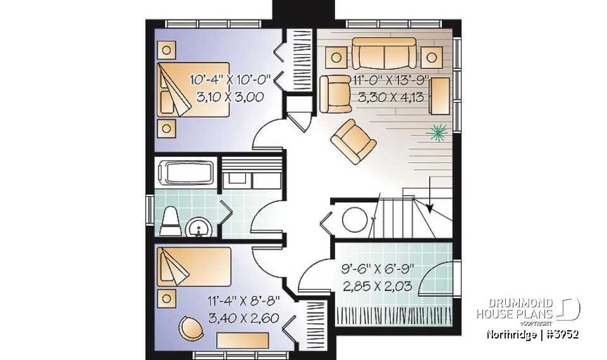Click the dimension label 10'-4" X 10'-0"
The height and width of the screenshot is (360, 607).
click(x=230, y=80)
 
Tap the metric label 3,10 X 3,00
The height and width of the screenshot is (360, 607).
click(x=230, y=97)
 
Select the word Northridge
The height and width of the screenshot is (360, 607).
click(x=511, y=335)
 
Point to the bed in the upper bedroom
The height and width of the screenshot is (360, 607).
click(x=193, y=89)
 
